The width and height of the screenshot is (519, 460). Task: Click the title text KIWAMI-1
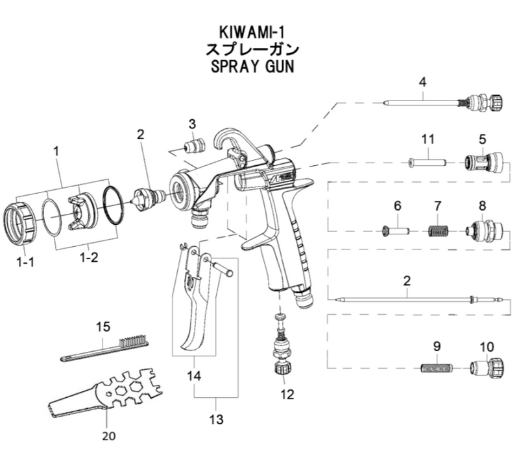tap(252, 32)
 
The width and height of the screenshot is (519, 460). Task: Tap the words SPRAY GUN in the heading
tap(252, 67)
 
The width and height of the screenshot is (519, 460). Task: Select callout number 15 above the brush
tap(103, 327)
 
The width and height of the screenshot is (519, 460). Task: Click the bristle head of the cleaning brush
tap(134, 340)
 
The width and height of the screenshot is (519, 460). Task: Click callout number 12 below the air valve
tap(287, 394)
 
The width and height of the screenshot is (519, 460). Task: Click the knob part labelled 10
tap(487, 367)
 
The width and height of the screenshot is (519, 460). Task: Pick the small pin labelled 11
tap(426, 162)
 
